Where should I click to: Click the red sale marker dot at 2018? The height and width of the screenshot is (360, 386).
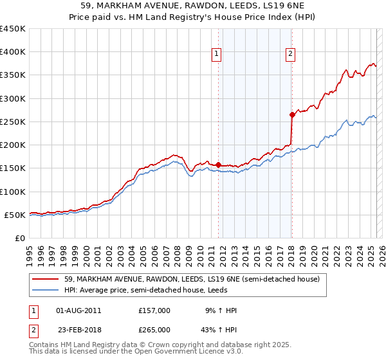pyautogui.click(x=292, y=114)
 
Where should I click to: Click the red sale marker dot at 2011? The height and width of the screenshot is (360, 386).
pyautogui.click(x=218, y=165)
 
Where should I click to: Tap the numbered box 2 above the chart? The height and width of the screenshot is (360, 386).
pyautogui.click(x=291, y=55)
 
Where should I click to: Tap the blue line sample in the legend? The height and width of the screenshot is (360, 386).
pyautogui.click(x=46, y=291)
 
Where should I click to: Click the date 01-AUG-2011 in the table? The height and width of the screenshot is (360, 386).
pyautogui.click(x=78, y=310)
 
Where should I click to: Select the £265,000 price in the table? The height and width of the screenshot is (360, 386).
pyautogui.click(x=154, y=329)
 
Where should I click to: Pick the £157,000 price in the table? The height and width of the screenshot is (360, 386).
pyautogui.click(x=154, y=310)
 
